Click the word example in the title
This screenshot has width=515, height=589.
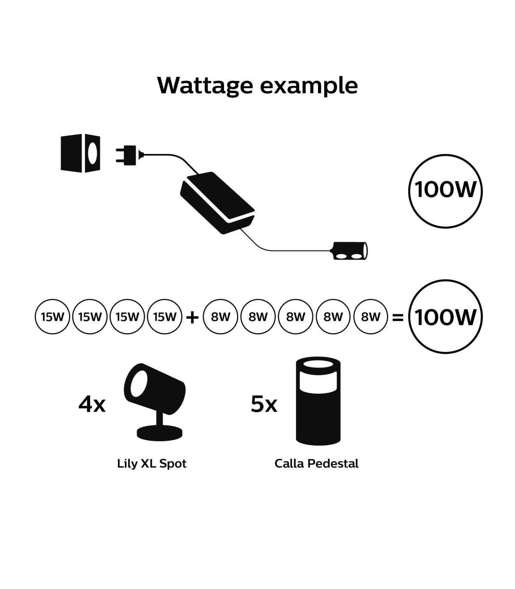(309, 86)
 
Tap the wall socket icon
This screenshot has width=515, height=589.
(81, 154)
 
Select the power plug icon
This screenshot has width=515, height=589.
(127, 154)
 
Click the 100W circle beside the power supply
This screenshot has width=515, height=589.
(445, 190)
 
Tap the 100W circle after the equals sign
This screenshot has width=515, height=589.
(445, 317)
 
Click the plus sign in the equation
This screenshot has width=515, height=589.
(192, 317)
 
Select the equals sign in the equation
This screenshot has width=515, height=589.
(398, 317)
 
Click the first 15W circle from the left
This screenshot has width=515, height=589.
(52, 317)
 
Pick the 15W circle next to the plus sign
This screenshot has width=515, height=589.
(165, 317)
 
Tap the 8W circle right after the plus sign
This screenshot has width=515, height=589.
(221, 317)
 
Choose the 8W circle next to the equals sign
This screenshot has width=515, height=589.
(371, 317)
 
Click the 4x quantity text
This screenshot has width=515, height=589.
(92, 404)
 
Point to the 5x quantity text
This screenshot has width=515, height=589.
(264, 404)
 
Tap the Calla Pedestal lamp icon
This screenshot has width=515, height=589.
(318, 401)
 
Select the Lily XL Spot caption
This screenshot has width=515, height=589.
(151, 464)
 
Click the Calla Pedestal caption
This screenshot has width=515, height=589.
(316, 464)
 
